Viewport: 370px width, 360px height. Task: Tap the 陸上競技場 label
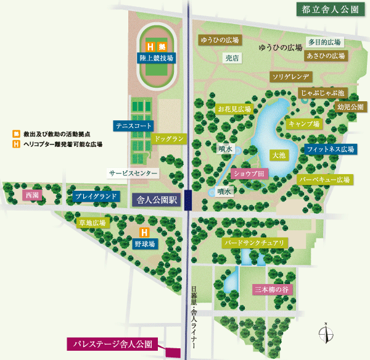pyautogui.click(x=156, y=58)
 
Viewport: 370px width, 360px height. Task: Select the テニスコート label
pyautogui.click(x=133, y=126)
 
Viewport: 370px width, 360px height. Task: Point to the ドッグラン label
pyautogui.click(x=168, y=139)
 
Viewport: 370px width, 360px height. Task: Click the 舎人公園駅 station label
pyautogui.click(x=157, y=200)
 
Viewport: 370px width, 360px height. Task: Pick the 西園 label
pyautogui.click(x=31, y=196)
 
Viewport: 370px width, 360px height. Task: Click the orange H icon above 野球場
pyautogui.click(x=144, y=233)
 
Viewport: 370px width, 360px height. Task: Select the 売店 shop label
pyautogui.click(x=231, y=57)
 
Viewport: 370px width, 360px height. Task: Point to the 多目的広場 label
pyautogui.click(x=324, y=43)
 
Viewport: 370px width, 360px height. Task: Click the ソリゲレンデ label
pyautogui.click(x=292, y=77)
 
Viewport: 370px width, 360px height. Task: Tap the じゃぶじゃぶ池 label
pyautogui.click(x=323, y=93)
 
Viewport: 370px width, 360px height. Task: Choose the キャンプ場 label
pyautogui.click(x=304, y=124)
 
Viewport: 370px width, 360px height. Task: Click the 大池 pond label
pyautogui.click(x=278, y=154)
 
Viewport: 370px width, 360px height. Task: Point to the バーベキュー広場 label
pyautogui.click(x=325, y=180)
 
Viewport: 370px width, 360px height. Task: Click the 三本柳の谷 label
pyautogui.click(x=271, y=289)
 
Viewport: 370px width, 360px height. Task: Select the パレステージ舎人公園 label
pyautogui.click(x=113, y=344)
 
